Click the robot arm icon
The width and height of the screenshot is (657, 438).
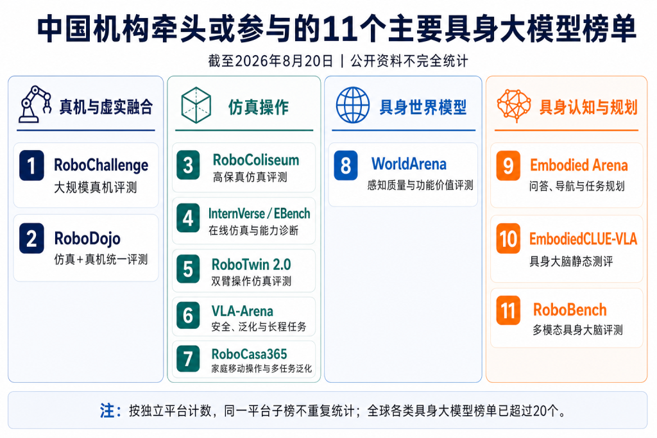coord(35,105)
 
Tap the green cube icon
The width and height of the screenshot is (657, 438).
coord(196,105)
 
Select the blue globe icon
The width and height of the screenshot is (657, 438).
coord(353,105)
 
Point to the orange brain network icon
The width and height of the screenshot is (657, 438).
coord(514,105)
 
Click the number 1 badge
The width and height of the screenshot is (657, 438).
coord(31,165)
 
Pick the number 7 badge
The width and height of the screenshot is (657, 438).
coord(188,358)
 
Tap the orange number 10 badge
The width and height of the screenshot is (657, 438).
coord(508,239)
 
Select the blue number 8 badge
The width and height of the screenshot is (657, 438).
coord(346,165)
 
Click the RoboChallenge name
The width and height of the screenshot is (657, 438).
coord(101,165)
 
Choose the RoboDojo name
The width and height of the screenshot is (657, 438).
coord(87,239)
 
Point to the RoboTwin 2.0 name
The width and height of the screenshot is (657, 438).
coord(251,265)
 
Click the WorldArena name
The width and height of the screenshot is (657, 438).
coord(409,164)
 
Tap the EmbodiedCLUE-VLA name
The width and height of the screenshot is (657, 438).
coord(583,239)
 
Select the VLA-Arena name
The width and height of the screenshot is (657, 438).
coord(242,311)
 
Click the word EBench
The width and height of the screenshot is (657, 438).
coord(292,214)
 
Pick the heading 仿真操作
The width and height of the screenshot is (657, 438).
coord(259,107)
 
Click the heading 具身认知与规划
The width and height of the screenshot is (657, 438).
coord(588,107)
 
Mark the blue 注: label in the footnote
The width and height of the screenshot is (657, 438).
coord(110,411)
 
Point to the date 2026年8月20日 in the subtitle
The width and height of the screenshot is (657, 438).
coord(284,61)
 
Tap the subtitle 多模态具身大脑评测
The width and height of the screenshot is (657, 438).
coord(577,330)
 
